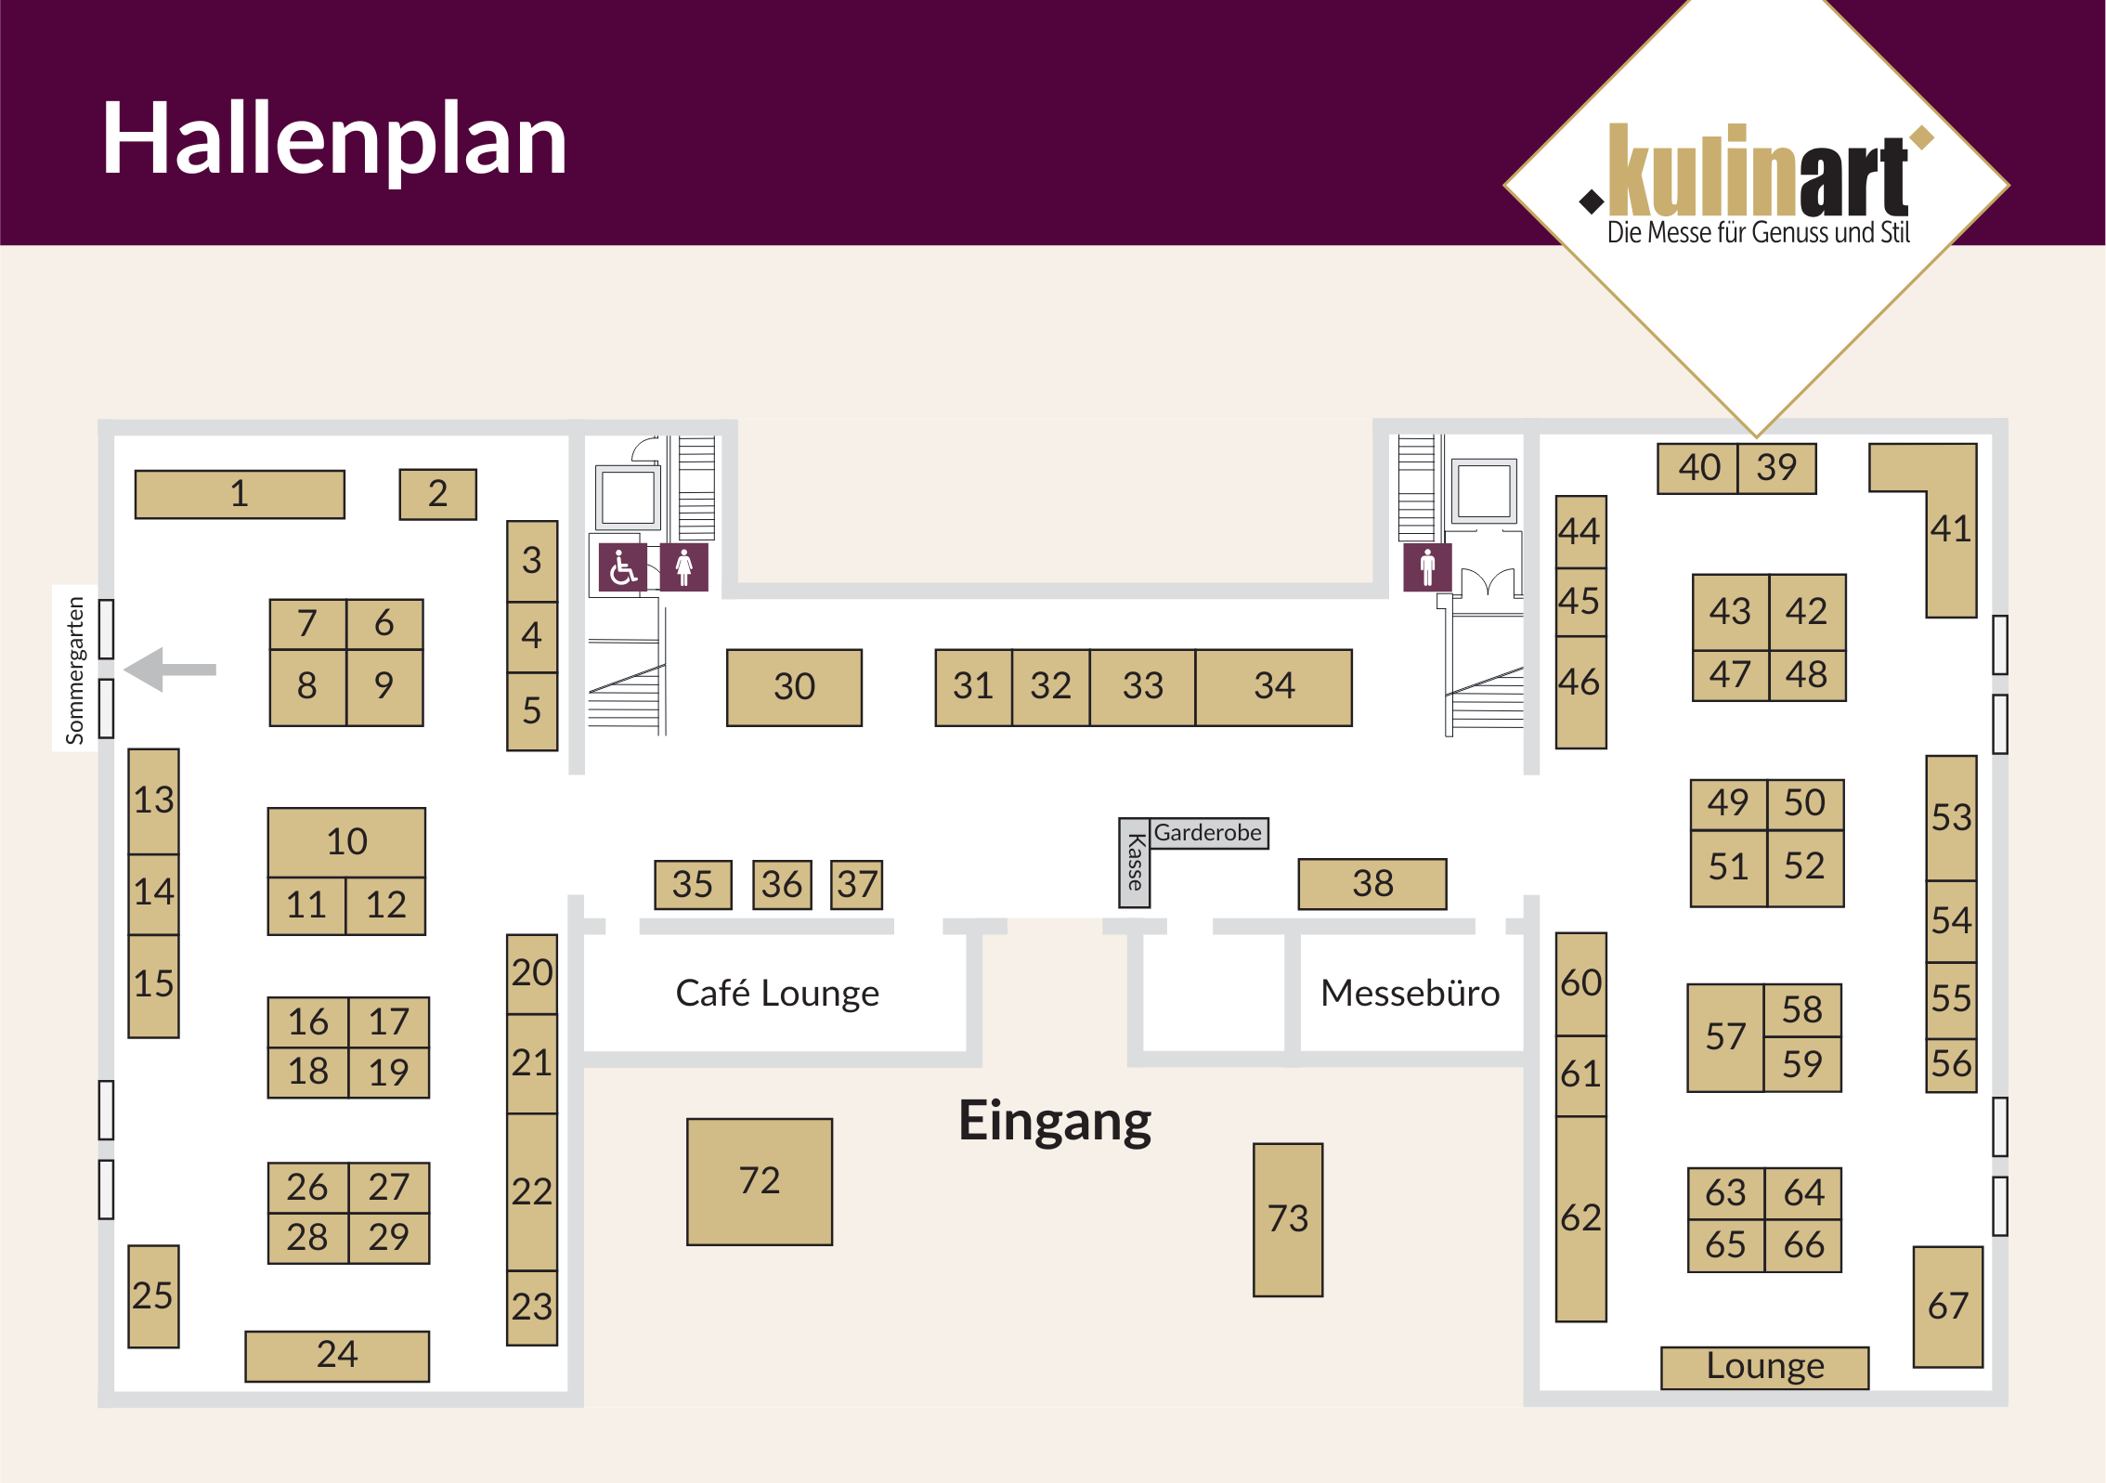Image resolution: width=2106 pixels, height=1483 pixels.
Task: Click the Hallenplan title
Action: point(334,139)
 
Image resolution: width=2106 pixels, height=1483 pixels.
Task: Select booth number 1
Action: point(240,494)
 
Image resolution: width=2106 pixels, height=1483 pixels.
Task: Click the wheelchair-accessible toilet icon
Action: point(623,567)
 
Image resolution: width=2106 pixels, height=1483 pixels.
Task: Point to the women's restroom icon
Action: point(684,567)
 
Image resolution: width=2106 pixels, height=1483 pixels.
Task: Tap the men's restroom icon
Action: point(1427,567)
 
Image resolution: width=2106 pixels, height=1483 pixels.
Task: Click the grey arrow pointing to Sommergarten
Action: point(171,669)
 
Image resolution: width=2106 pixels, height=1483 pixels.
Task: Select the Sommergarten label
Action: point(75,669)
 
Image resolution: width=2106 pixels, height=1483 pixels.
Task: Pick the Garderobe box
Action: point(1208,833)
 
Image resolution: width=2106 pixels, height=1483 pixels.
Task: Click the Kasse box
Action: point(1135,864)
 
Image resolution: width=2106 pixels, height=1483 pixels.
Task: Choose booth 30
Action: point(794,687)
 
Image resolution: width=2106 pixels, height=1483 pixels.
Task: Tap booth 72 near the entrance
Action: point(760,1181)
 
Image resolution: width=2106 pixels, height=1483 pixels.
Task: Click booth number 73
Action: point(1288,1219)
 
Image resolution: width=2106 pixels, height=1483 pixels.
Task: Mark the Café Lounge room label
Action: point(777,994)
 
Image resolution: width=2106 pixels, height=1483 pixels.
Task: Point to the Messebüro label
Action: point(1410,994)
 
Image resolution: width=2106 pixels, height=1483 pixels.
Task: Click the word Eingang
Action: point(1055,1122)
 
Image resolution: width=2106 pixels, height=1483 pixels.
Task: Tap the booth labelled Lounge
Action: point(1764,1367)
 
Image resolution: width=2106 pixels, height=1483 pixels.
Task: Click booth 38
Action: point(1372,884)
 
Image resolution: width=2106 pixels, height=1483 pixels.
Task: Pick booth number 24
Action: point(337,1356)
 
